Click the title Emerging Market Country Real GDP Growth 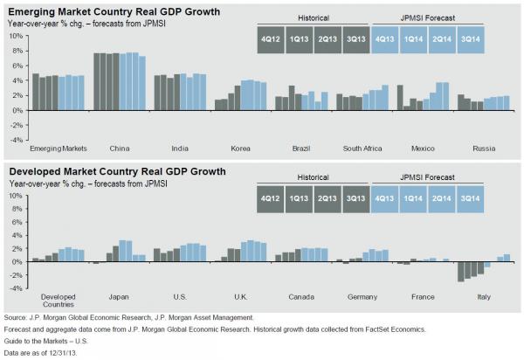[113, 11]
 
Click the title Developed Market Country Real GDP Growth [114, 171]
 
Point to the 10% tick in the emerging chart [15, 37]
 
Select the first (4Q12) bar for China [97, 82]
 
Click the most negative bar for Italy [461, 271]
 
